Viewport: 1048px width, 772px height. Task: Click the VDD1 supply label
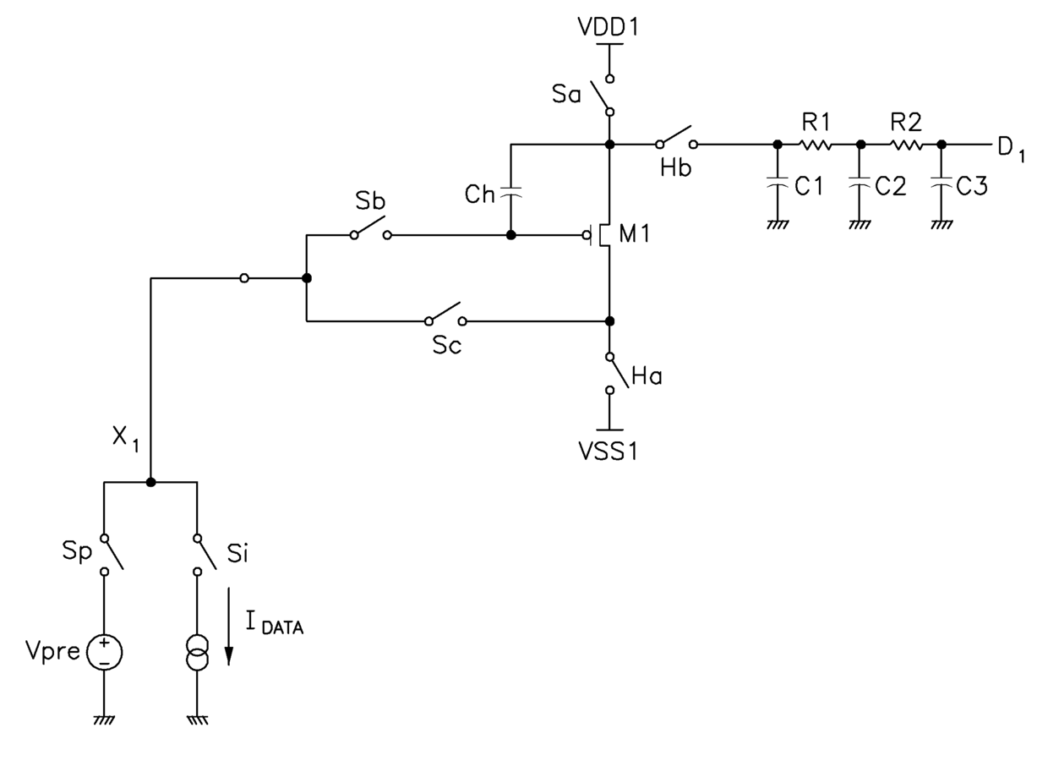609,27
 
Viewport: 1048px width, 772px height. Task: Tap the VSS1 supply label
609,452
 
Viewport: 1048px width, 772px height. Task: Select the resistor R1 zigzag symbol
816,145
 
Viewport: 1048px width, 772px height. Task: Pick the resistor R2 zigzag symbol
906,145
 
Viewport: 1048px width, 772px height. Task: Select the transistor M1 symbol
601,235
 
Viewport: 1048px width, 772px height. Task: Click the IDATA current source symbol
198,653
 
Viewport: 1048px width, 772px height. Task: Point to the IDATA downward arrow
229,627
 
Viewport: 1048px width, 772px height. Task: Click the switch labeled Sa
601,96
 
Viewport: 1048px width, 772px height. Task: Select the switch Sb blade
370,225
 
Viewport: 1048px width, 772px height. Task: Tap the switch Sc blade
445,311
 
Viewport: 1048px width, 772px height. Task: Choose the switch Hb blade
675,134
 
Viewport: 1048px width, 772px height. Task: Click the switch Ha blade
619,372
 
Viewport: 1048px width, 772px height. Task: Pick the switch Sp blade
114,553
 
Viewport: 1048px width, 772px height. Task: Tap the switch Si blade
207,553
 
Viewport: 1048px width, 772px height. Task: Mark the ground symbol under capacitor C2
860,225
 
